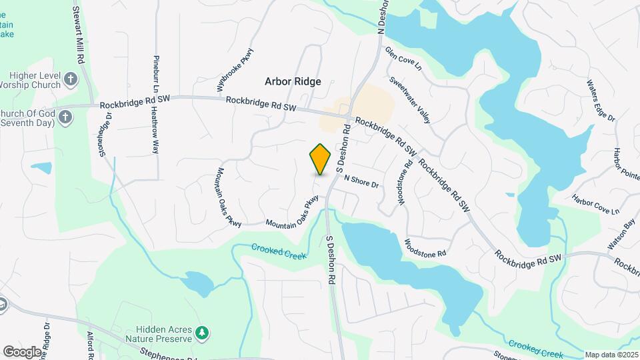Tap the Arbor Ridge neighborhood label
(293, 81)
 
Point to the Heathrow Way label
(156, 134)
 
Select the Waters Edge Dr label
(600, 100)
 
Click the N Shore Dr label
(361, 180)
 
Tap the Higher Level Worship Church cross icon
(71, 81)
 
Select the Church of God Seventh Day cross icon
(64, 117)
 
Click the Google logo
(22, 351)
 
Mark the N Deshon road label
(382, 17)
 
